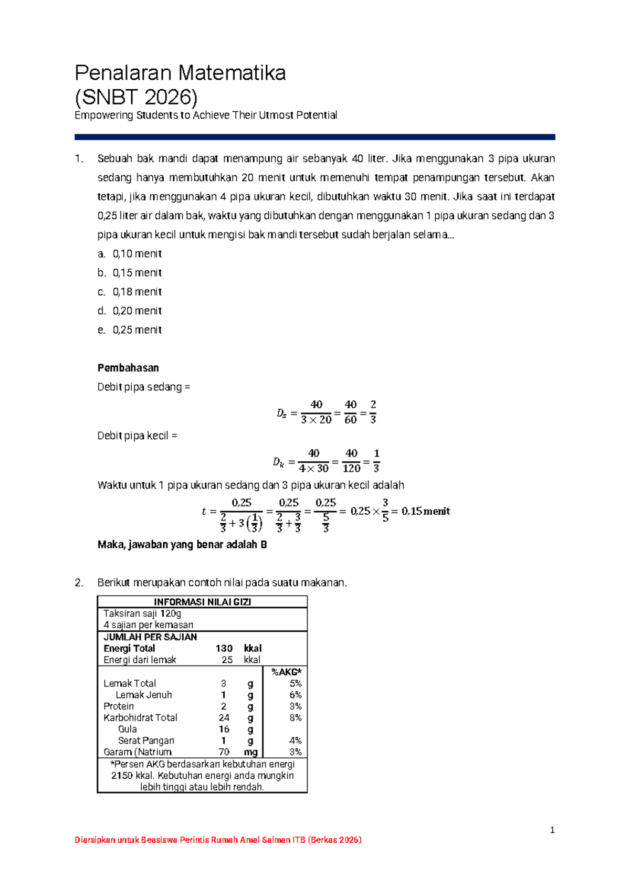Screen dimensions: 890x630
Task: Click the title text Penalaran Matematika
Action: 180,73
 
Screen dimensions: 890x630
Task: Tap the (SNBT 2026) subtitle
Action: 136,97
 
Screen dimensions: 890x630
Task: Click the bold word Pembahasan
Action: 128,368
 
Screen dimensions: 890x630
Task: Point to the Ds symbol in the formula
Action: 282,414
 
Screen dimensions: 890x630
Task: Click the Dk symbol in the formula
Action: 278,462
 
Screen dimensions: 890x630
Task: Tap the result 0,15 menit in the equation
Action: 426,511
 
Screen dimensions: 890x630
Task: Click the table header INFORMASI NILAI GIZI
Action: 202,602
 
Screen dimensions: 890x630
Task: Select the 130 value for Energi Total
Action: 224,648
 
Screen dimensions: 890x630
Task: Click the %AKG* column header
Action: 286,672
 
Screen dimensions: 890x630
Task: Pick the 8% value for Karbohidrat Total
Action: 295,717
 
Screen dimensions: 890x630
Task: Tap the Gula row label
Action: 128,729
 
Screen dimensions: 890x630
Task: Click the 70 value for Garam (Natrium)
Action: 224,752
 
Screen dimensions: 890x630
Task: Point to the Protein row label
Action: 119,706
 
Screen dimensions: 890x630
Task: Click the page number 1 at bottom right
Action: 552,830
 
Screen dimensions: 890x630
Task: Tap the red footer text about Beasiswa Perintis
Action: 218,840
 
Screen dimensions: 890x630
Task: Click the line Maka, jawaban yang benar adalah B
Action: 182,545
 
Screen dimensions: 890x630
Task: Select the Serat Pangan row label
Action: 146,740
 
